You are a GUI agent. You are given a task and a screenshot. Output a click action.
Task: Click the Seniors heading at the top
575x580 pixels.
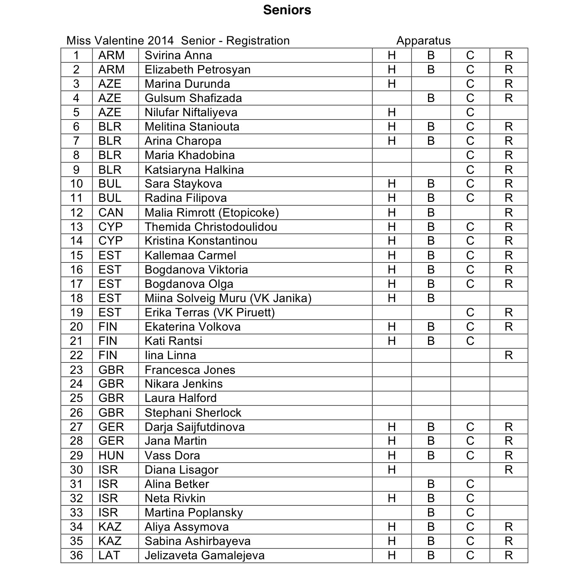(287, 10)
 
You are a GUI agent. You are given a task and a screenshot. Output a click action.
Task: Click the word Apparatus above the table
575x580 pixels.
(423, 41)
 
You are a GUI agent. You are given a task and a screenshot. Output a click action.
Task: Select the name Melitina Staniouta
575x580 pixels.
(192, 127)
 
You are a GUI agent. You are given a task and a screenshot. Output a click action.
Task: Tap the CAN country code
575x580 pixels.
(111, 213)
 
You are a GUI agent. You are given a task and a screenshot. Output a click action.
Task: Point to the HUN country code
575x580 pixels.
(111, 456)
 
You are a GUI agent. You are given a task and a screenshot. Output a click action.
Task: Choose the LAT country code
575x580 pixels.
(109, 555)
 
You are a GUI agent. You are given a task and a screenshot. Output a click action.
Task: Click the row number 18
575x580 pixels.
(77, 298)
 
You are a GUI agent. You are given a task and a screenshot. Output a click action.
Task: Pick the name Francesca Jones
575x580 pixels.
(190, 370)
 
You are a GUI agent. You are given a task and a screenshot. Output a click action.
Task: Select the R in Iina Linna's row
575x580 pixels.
(508, 356)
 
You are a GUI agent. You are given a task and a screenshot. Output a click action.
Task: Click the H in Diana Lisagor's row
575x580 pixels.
(392, 470)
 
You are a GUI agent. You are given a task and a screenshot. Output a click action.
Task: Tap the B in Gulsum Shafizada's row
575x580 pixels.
(431, 98)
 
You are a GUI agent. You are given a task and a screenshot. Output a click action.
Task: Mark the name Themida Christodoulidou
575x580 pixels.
(211, 227)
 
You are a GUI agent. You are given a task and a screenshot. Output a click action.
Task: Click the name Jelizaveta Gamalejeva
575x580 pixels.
(204, 555)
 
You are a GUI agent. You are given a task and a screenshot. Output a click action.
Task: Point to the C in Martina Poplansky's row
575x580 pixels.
(470, 513)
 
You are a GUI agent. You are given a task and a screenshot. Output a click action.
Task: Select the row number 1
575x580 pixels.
(77, 55)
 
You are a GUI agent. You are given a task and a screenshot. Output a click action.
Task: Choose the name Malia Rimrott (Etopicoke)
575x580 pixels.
(211, 213)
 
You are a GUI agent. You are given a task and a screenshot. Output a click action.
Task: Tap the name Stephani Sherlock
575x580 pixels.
(193, 413)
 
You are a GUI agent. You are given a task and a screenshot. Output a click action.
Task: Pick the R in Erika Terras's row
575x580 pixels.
(508, 312)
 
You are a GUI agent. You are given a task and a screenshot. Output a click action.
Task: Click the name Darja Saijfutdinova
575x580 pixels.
(195, 427)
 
